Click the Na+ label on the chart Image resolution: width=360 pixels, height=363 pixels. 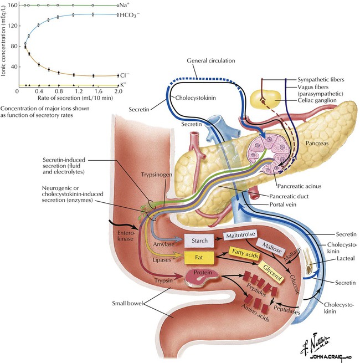point(125,5)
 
